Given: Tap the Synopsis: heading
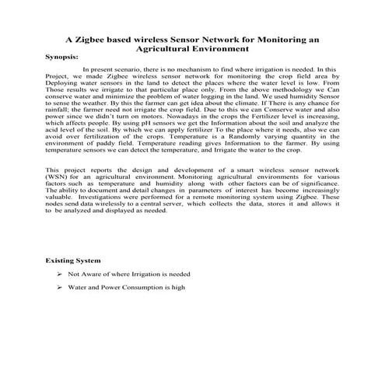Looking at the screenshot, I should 61,58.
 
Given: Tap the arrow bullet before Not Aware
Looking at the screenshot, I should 60,275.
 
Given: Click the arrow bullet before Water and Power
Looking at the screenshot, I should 60,288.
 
